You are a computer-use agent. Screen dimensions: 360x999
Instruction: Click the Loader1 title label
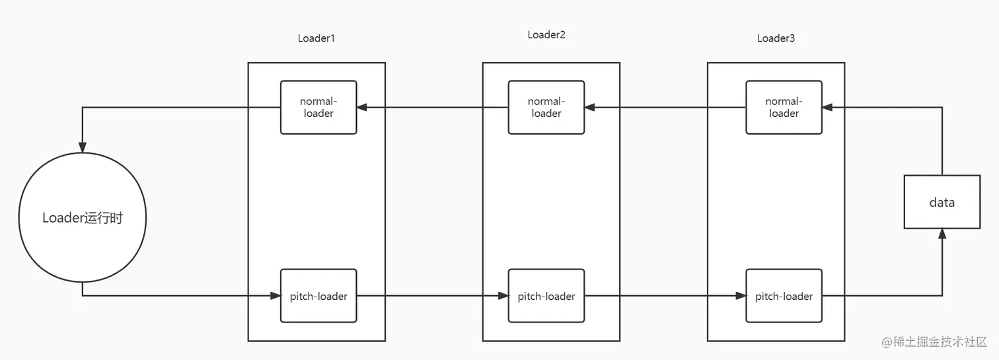316,38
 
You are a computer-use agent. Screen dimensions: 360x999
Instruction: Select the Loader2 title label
546,35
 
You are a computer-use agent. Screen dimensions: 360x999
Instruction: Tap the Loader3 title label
776,38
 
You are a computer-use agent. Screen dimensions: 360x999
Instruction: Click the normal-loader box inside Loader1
318,108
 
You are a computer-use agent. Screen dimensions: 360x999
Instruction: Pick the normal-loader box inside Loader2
546,108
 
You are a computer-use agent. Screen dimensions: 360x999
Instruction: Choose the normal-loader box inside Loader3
784,108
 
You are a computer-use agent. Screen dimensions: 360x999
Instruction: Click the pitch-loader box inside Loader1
318,296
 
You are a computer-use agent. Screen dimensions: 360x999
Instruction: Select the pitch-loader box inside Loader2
546,296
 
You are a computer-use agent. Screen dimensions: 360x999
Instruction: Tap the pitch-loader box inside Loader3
784,296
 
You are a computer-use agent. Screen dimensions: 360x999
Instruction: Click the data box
942,202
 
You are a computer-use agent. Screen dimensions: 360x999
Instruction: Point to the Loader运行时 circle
83,218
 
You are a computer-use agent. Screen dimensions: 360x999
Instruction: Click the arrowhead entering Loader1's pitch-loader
276,296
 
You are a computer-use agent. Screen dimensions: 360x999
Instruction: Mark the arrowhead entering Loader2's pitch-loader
503,296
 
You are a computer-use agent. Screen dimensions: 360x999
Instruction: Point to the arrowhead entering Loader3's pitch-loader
741,296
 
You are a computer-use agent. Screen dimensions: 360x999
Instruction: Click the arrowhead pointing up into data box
942,234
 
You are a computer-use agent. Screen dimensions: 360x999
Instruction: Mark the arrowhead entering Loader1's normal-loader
362,108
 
